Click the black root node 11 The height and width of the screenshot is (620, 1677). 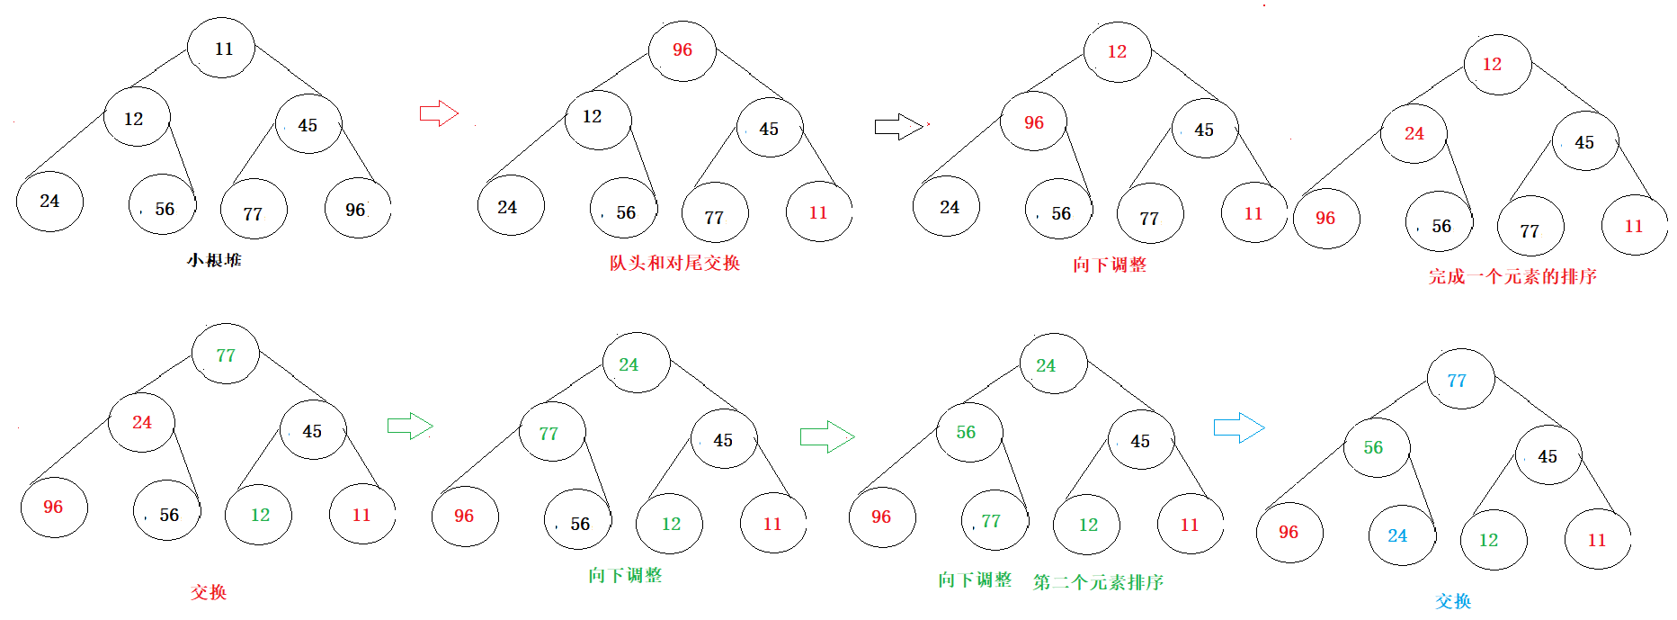coord(221,49)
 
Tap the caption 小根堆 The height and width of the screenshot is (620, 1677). coord(214,260)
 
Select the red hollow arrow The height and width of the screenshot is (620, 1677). coord(439,113)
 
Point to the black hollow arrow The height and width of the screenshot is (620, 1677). coord(898,127)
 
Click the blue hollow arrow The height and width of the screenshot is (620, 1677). coord(1238,427)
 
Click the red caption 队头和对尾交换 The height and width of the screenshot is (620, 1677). coord(674,263)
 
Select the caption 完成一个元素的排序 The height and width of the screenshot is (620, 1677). coord(1512,276)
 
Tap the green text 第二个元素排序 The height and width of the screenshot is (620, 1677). coord(1098,582)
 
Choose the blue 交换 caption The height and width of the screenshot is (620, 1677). coord(1453,600)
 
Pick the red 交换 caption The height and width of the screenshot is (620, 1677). coord(209,592)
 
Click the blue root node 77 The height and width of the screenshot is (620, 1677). coord(1460,380)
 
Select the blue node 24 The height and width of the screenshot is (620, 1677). coord(1401,536)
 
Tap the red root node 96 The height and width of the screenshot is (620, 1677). coord(682,50)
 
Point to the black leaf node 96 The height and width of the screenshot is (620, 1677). coord(357,210)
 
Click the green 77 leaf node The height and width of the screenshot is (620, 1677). coord(994,521)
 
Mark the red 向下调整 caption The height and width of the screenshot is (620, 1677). coord(1109,265)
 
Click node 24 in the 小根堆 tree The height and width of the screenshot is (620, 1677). coord(49,202)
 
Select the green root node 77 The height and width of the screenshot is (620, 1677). coord(226,355)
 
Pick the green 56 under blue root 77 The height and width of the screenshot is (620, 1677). coord(1376,447)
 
